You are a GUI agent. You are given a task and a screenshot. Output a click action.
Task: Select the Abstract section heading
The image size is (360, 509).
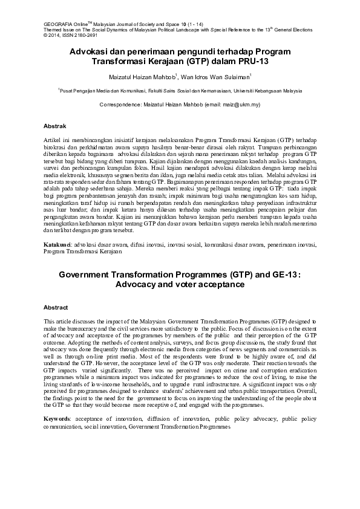[56, 307]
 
